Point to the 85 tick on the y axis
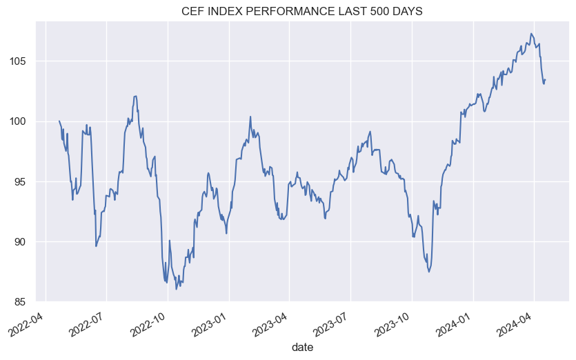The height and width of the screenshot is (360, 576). click(x=22, y=302)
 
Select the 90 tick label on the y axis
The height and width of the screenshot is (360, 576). click(x=22, y=242)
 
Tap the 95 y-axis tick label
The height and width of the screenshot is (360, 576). click(x=22, y=182)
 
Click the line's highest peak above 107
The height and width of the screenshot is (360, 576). click(x=531, y=33)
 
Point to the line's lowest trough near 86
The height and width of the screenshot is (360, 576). click(x=176, y=289)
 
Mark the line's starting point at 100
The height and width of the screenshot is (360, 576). click(x=59, y=121)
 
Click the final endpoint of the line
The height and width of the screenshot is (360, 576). click(x=546, y=79)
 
